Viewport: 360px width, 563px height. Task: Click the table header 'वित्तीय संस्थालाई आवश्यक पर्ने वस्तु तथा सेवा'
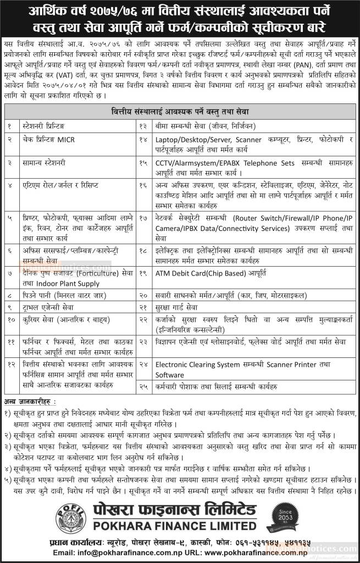click(x=180, y=113)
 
